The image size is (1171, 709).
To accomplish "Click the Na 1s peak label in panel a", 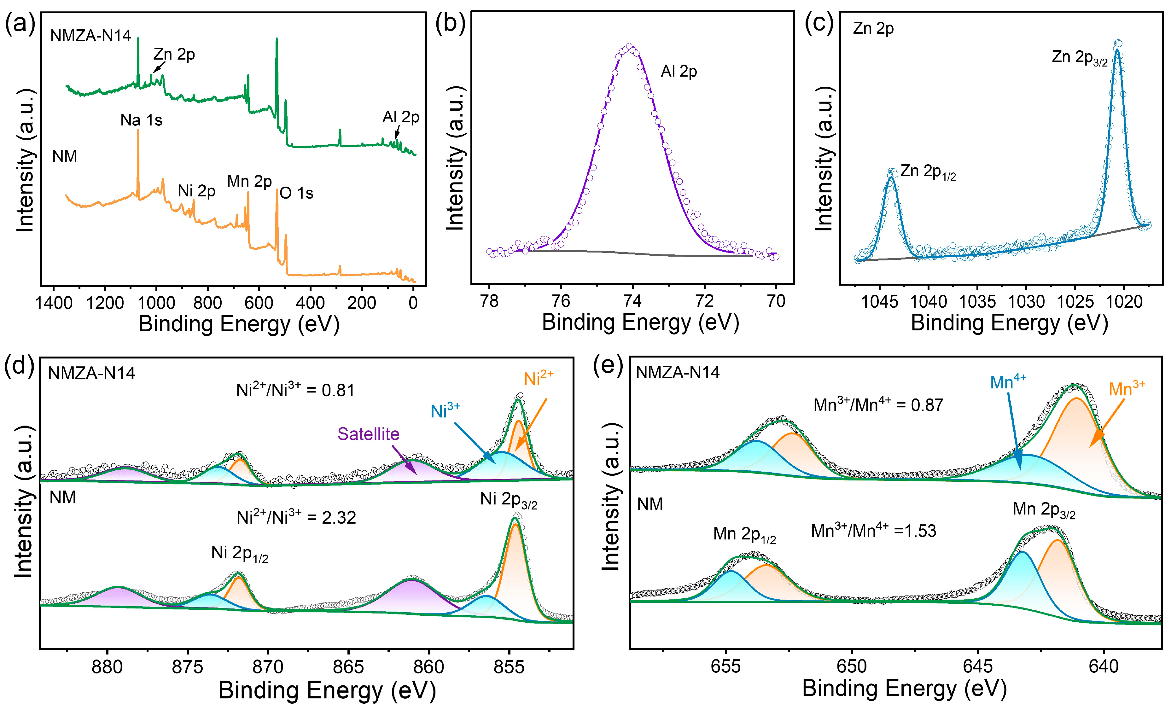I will click(x=141, y=120).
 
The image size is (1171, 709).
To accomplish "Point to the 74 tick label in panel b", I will click(x=632, y=301).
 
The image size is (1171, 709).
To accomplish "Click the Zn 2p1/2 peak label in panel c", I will click(x=927, y=171).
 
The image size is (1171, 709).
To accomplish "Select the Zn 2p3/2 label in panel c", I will click(x=1079, y=57).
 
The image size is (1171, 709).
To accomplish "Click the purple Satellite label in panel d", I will click(x=368, y=434).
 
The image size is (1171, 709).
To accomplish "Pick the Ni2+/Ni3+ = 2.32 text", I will click(x=296, y=517).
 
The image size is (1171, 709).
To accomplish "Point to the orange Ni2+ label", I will click(x=539, y=378).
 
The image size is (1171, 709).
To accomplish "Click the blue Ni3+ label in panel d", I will click(x=445, y=410).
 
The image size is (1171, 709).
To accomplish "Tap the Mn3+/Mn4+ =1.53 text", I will click(x=873, y=530).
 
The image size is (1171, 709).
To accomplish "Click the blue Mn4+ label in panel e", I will click(x=1007, y=381).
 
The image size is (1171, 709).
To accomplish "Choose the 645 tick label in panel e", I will click(x=978, y=666).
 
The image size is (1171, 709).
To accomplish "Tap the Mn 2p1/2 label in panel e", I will click(x=744, y=534).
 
